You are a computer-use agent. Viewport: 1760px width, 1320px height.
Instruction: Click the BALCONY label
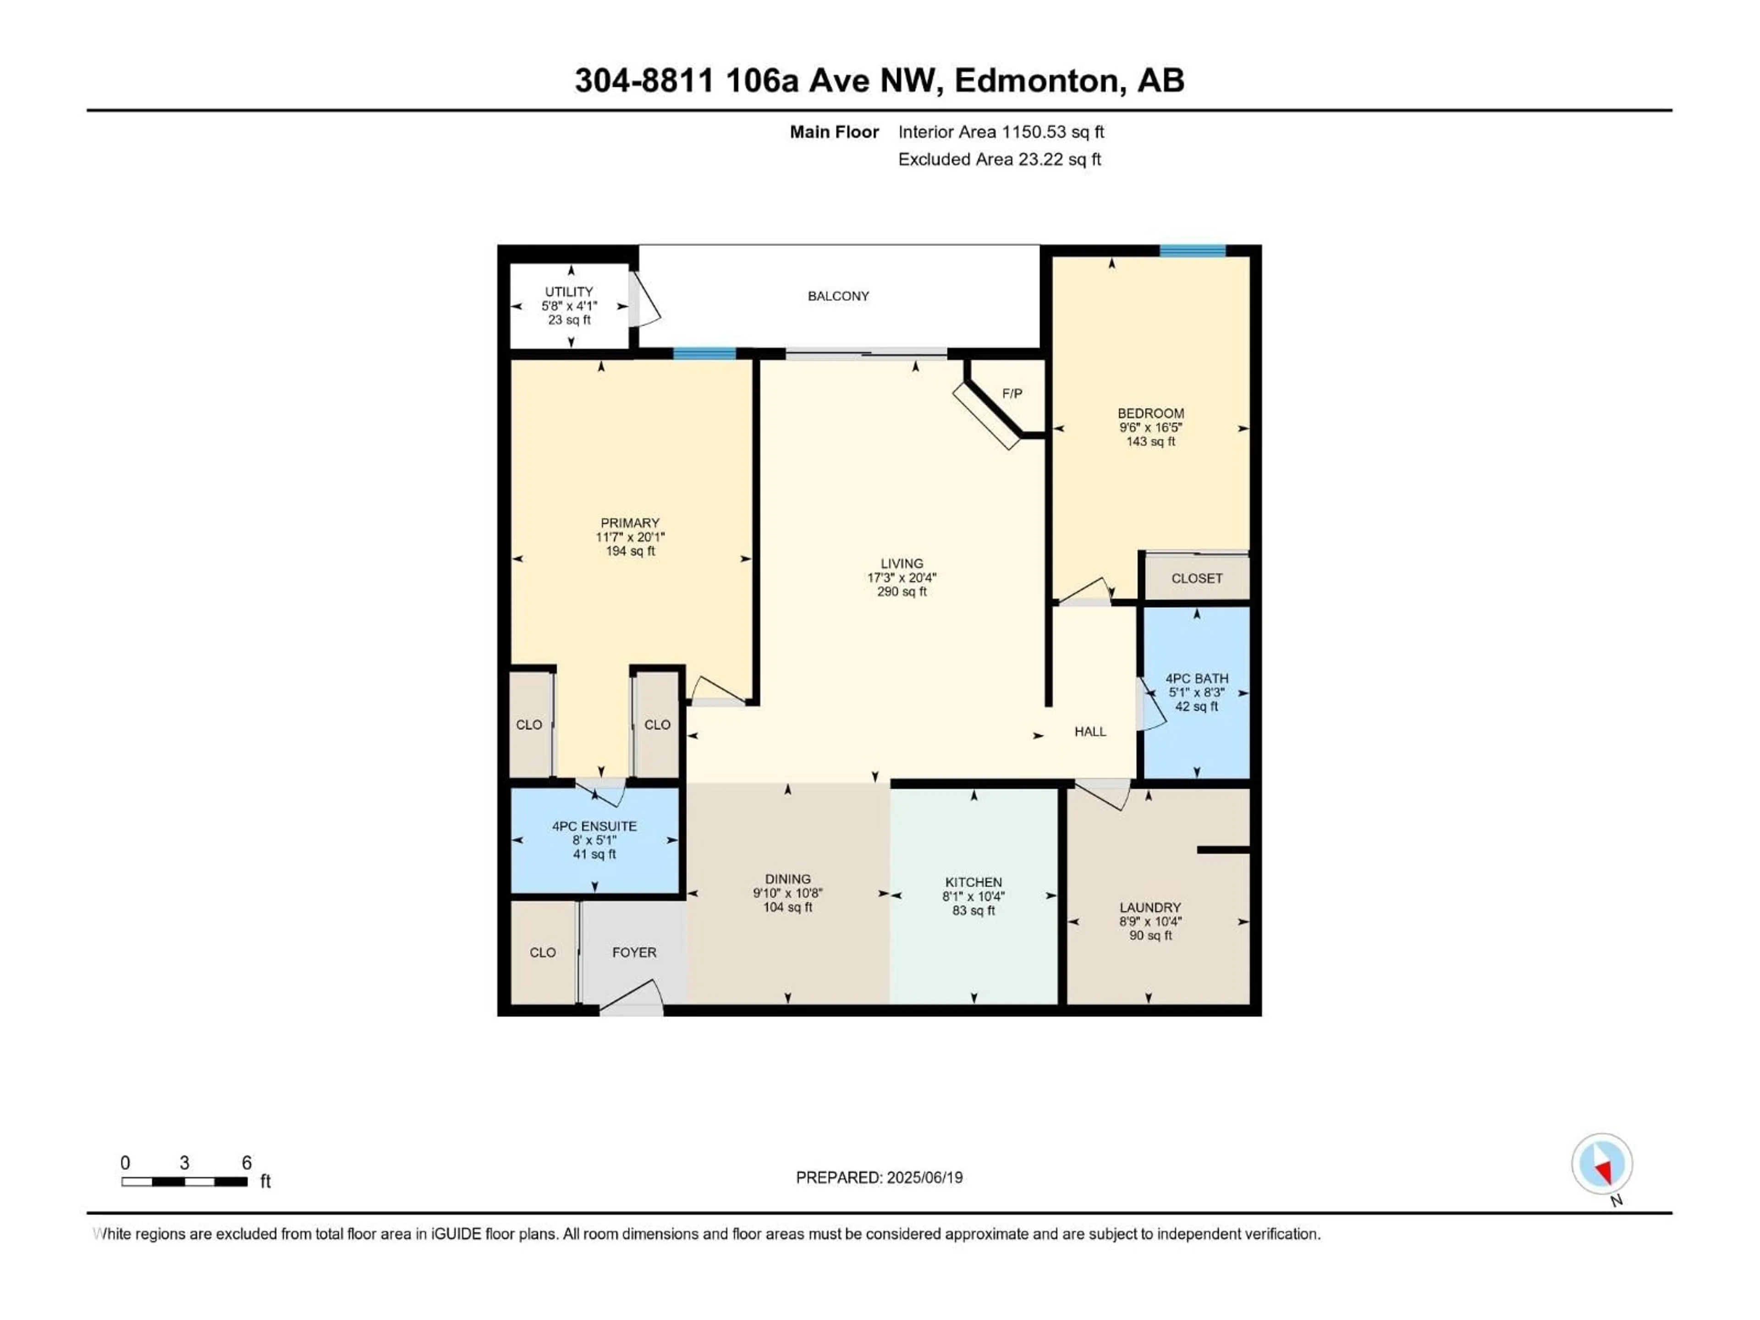(838, 296)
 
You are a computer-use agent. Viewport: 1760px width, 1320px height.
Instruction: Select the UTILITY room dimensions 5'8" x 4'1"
(569, 306)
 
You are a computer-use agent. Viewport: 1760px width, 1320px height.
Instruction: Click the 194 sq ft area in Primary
(630, 550)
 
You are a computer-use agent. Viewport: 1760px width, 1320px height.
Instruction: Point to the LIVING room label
(902, 563)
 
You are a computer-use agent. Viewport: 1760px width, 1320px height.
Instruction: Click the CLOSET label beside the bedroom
(1196, 578)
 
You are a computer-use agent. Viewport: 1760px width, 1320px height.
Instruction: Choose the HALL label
(1090, 731)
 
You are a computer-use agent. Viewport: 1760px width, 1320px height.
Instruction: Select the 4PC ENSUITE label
(594, 826)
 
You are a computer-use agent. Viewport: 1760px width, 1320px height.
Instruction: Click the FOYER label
(634, 952)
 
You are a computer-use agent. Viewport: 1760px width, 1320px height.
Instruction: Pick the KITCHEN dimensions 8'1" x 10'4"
(973, 896)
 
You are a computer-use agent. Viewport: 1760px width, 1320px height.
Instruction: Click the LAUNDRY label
(1149, 907)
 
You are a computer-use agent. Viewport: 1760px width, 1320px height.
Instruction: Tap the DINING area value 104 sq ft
(788, 907)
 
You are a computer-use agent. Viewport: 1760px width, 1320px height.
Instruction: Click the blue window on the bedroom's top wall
(1192, 251)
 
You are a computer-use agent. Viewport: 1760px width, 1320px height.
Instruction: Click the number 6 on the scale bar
(247, 1162)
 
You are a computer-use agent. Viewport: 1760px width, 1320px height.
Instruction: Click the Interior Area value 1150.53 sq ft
(1053, 132)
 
